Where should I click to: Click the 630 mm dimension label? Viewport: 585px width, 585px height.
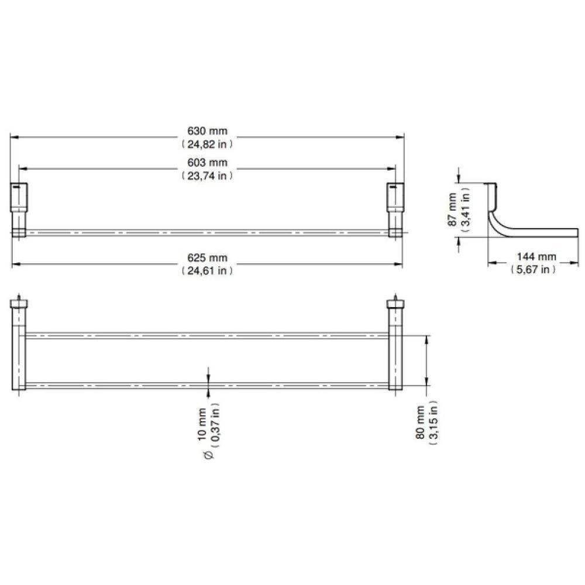tap(207, 131)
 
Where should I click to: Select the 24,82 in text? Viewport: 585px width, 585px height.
tap(207, 144)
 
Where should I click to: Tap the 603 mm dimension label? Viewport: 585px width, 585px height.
tap(207, 162)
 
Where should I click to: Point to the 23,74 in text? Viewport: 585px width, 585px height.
tap(207, 175)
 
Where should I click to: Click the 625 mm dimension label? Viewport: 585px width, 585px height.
tap(207, 257)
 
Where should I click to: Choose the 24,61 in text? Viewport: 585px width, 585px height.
tap(207, 270)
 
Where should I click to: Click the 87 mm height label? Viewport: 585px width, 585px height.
tap(452, 209)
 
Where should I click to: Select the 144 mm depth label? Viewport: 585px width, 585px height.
tap(536, 257)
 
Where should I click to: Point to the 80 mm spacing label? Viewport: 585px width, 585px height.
tap(420, 422)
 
